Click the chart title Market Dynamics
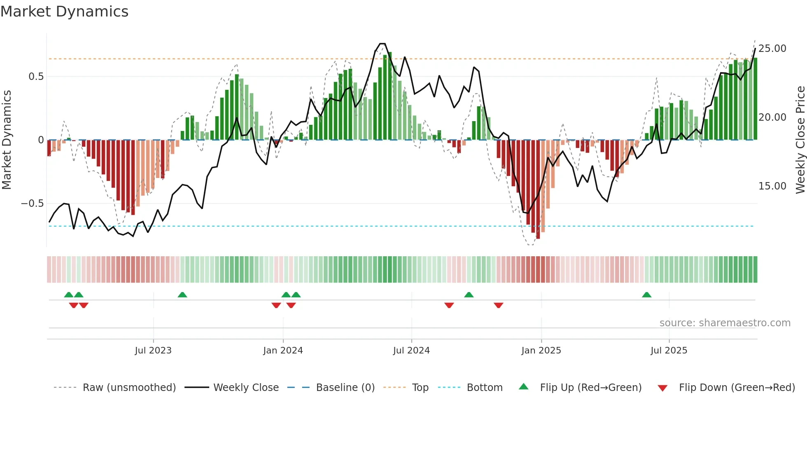(x=64, y=12)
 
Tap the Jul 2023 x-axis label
(x=153, y=350)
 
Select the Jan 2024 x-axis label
(x=283, y=350)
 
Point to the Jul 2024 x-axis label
(x=411, y=350)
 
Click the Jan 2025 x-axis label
(x=541, y=350)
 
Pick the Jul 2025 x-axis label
(x=669, y=350)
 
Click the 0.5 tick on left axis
(x=36, y=77)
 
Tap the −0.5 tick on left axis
(x=32, y=204)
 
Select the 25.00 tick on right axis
(x=772, y=49)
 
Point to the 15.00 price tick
(x=772, y=186)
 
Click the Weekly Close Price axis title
(x=800, y=140)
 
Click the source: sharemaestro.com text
(x=725, y=323)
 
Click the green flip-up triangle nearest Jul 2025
(x=646, y=295)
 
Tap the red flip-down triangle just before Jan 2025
(x=498, y=305)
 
